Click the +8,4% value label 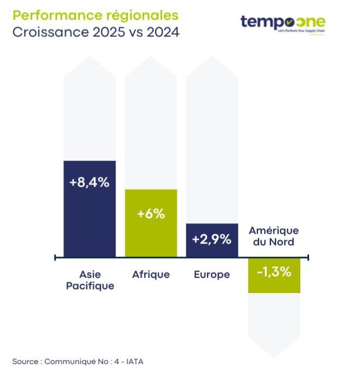[x=89, y=183]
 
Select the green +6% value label [x=151, y=214]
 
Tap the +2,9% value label [x=211, y=239]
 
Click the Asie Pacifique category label [x=90, y=280]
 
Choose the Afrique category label [x=151, y=275]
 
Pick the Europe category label [x=211, y=275]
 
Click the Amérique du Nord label [x=274, y=236]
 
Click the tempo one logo [x=282, y=22]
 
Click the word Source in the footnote [x=24, y=361]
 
